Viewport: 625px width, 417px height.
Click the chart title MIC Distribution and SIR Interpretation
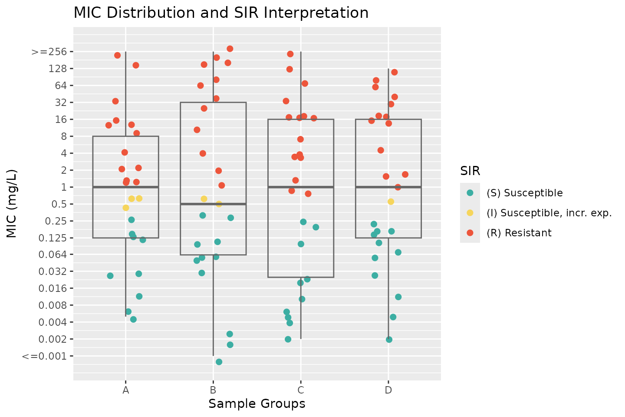click(x=221, y=13)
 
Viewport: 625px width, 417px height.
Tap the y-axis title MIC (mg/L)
click(x=12, y=204)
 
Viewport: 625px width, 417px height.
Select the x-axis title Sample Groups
click(x=257, y=404)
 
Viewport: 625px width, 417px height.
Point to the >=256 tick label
click(x=49, y=52)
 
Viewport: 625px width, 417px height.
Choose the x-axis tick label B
click(x=213, y=390)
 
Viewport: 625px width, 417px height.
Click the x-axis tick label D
click(x=388, y=390)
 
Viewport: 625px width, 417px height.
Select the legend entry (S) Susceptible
click(x=524, y=193)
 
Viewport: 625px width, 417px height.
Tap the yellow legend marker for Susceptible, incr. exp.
click(x=470, y=213)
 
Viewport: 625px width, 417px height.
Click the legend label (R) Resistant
click(x=519, y=233)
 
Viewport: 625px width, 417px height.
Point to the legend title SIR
click(x=470, y=171)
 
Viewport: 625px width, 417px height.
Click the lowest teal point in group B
click(x=219, y=362)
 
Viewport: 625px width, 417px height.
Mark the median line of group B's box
click(x=213, y=204)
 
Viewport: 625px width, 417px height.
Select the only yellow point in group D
click(x=391, y=202)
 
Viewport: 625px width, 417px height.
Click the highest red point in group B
click(x=230, y=49)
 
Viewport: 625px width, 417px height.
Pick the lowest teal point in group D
click(x=389, y=340)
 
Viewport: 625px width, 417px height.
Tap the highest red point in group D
click(x=395, y=72)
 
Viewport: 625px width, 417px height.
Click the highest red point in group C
click(x=290, y=54)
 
